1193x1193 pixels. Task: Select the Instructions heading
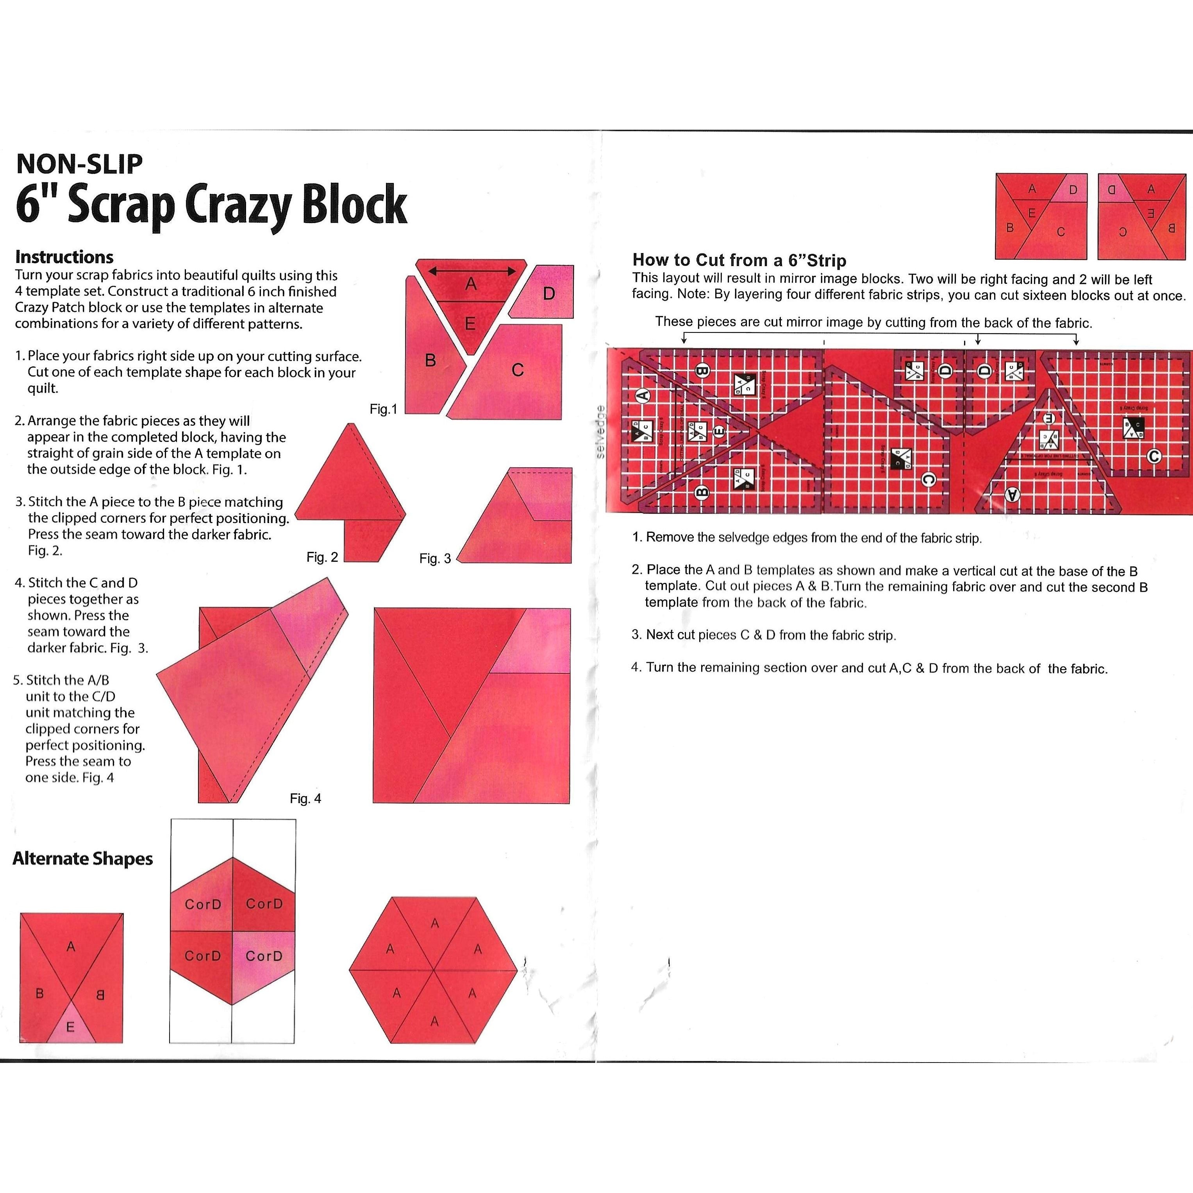(64, 257)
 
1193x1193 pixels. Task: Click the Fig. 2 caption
(322, 557)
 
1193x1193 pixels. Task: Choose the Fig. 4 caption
(305, 798)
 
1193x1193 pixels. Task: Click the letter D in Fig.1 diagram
(548, 294)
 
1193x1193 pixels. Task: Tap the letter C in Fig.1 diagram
(518, 370)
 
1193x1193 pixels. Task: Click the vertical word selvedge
(600, 432)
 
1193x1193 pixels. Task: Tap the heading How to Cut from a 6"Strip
(739, 260)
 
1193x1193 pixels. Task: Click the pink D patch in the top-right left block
(1073, 190)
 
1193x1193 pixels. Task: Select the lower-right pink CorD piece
(264, 956)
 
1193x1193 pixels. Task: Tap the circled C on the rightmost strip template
(1154, 456)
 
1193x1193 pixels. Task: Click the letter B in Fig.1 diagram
(430, 360)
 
